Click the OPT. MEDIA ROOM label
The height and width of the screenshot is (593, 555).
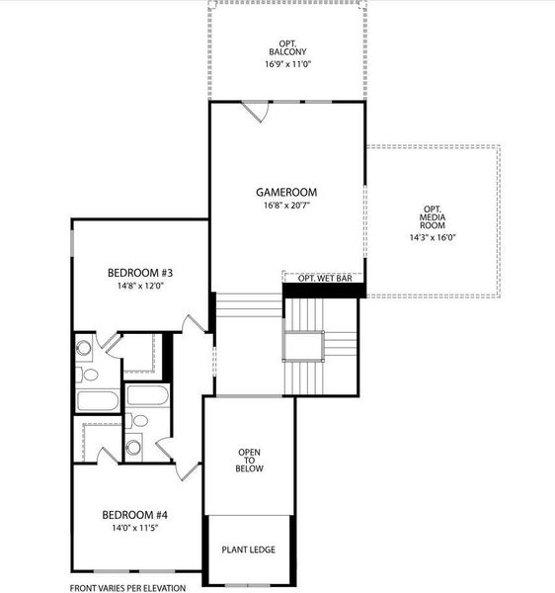pyautogui.click(x=432, y=216)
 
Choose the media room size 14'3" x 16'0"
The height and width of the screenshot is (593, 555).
pyautogui.click(x=432, y=237)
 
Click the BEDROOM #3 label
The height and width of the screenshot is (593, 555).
pyautogui.click(x=140, y=273)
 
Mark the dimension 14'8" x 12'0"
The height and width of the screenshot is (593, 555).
pyautogui.click(x=140, y=287)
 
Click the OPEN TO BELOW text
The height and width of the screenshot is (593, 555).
pyautogui.click(x=249, y=462)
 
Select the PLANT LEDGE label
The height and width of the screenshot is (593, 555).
pyautogui.click(x=249, y=550)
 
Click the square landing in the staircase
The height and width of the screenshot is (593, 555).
pyautogui.click(x=303, y=347)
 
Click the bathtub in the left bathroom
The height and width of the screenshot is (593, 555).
pyautogui.click(x=98, y=401)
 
